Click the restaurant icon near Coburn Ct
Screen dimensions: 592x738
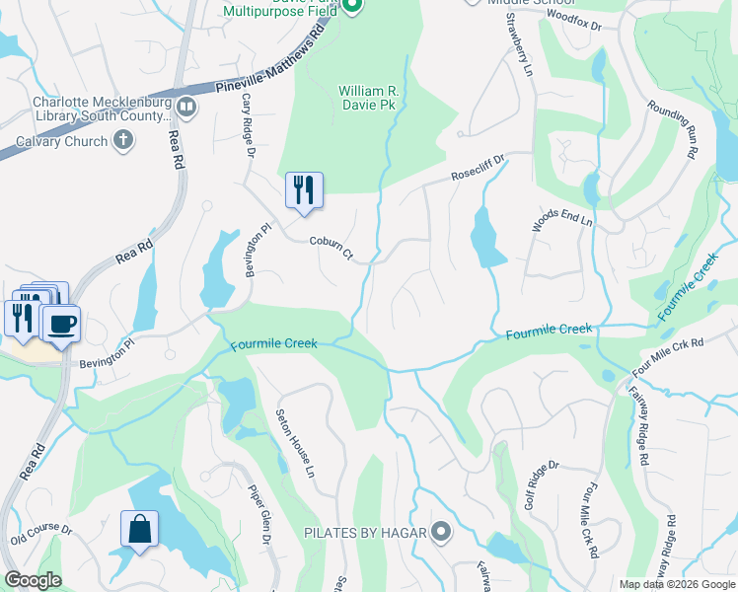(x=304, y=189)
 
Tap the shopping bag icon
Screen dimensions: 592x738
(x=139, y=527)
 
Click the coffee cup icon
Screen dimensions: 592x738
(x=61, y=323)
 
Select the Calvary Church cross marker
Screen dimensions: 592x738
(x=123, y=140)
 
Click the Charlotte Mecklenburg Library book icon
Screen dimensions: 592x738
(x=185, y=106)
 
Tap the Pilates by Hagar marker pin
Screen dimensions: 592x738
(x=441, y=533)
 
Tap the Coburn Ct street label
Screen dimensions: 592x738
(x=332, y=247)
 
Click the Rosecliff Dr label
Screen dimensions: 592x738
(x=479, y=167)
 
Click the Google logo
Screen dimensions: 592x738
(x=34, y=580)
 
